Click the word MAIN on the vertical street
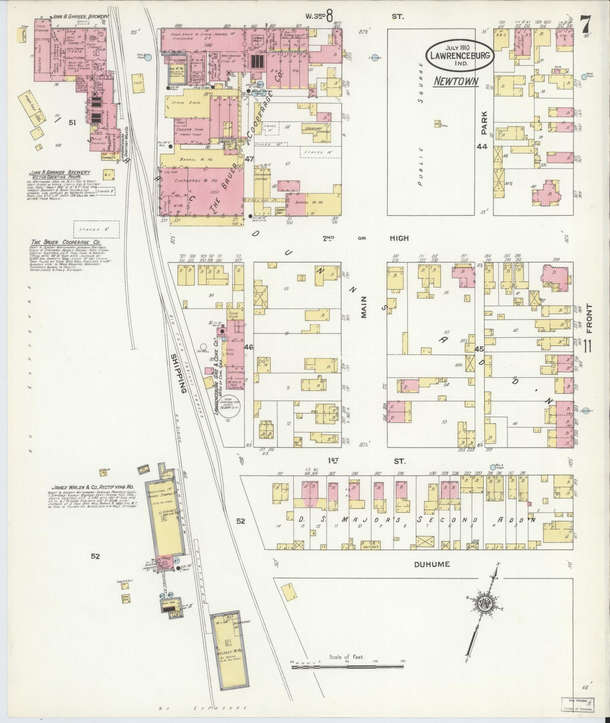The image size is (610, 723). [x=364, y=307]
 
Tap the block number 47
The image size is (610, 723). [x=249, y=159]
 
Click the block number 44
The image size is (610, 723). [x=482, y=146]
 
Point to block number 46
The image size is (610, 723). [x=249, y=347]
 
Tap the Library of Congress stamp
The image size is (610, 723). [x=577, y=704]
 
